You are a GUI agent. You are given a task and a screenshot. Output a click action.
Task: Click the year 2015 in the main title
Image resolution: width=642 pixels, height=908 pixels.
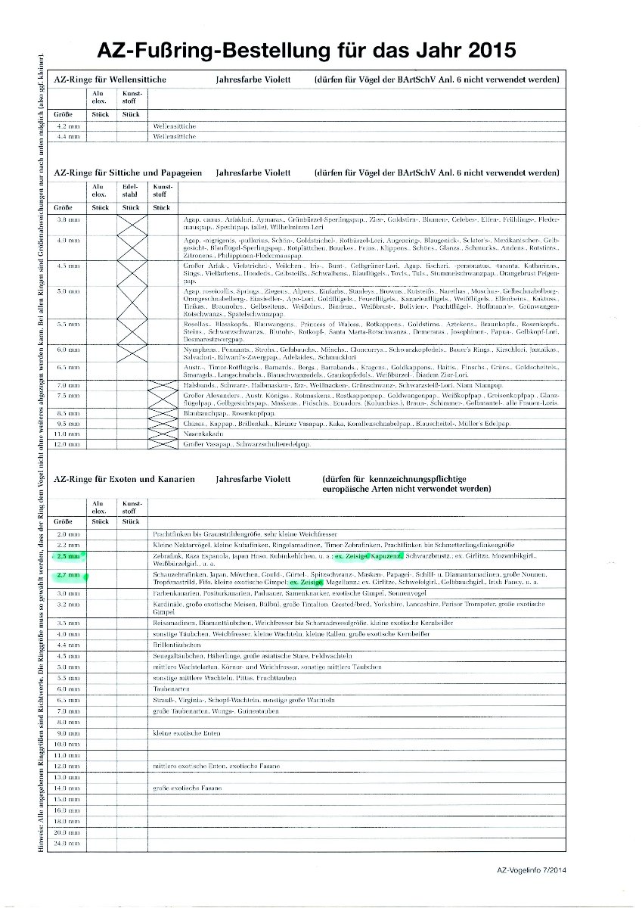[x=485, y=51]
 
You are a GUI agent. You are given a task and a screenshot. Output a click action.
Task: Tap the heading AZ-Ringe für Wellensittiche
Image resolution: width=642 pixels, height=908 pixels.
[x=110, y=79]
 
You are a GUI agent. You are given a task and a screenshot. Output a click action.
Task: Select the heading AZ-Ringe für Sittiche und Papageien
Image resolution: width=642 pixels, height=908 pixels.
[x=128, y=173]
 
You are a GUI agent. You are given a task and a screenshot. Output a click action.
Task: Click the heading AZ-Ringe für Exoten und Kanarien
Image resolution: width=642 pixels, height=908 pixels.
[x=125, y=479]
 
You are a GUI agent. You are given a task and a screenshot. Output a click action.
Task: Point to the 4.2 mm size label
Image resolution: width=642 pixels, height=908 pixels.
[x=69, y=126]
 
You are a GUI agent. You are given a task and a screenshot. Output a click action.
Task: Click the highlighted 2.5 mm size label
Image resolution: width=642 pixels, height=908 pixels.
[x=69, y=556]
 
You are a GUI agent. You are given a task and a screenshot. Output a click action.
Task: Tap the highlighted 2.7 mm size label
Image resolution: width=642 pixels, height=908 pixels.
[x=69, y=577]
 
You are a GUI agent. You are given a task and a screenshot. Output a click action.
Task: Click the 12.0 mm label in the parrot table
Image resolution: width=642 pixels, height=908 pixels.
[x=69, y=444]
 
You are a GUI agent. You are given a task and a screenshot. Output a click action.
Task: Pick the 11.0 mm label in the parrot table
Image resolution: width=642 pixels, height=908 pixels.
[x=69, y=434]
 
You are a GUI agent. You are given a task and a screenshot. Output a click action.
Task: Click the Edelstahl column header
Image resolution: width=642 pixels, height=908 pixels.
[x=131, y=188]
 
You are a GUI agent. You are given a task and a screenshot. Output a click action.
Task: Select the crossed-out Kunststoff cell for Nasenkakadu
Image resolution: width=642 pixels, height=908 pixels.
[x=163, y=434]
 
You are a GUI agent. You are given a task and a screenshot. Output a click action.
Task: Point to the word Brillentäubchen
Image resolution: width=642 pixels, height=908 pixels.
[x=175, y=644]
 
